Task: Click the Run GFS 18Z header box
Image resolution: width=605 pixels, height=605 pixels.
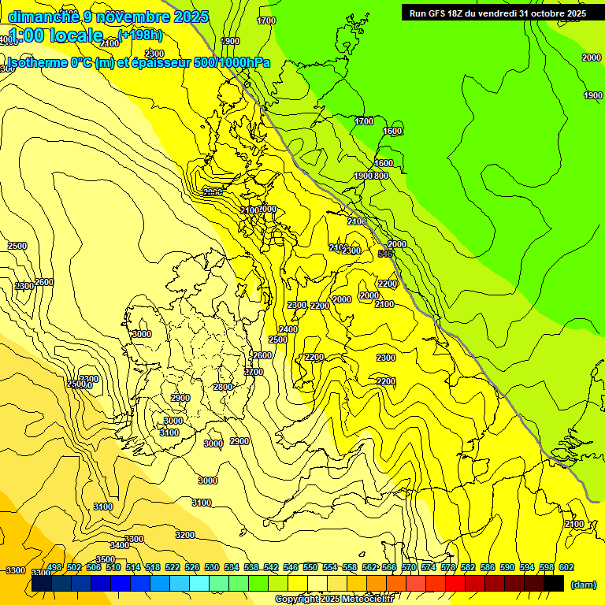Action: click(497, 13)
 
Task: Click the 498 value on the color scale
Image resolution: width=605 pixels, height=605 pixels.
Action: click(54, 567)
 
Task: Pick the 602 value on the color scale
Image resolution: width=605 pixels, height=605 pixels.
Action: click(566, 567)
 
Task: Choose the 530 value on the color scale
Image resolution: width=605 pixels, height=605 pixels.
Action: click(212, 567)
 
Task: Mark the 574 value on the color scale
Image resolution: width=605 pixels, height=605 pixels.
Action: click(429, 567)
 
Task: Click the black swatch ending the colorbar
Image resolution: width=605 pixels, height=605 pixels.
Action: click(554, 583)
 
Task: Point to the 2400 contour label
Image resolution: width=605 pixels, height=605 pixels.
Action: click(288, 329)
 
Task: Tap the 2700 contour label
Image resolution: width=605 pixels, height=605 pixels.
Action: click(254, 372)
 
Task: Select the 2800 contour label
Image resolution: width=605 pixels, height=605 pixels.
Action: click(223, 387)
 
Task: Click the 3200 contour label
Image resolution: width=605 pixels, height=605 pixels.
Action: click(185, 535)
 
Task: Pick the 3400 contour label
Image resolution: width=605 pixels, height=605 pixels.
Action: click(120, 545)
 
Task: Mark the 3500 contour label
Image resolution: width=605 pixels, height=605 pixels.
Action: click(106, 559)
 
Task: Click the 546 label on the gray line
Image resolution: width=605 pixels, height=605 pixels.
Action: click(385, 254)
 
